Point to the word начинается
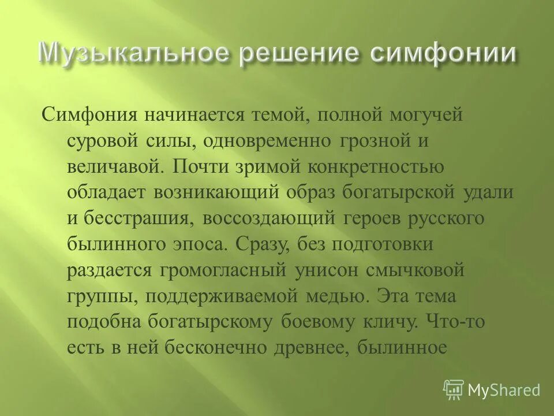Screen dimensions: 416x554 point(193,114)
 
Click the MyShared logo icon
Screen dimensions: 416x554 point(453,390)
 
